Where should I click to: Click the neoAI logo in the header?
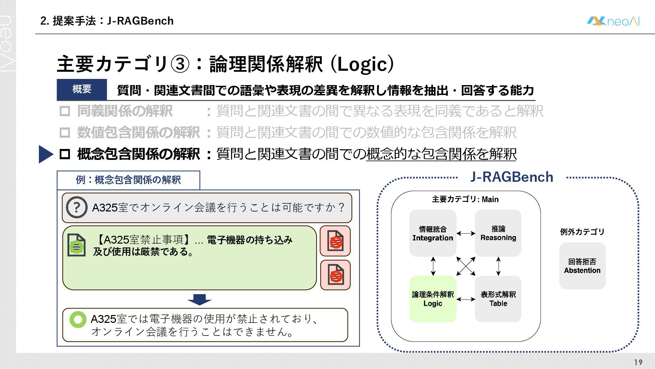tap(613, 21)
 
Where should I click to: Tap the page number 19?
tap(638, 362)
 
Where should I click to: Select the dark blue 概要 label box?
tap(82, 90)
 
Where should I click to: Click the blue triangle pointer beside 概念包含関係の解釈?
tap(46, 154)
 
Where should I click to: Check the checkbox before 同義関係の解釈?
tap(64, 111)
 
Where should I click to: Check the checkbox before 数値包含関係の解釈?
tap(64, 133)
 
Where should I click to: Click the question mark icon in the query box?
tap(76, 207)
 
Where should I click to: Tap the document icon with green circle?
tap(76, 245)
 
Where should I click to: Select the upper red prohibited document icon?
tap(335, 241)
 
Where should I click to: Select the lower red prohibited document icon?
tap(335, 275)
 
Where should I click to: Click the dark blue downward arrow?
tap(200, 299)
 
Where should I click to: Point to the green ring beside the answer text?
tap(78, 319)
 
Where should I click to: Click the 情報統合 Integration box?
tap(433, 233)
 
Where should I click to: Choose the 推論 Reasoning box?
tap(498, 233)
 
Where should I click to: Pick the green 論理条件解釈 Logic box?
tap(433, 299)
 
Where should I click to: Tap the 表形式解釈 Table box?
tap(498, 299)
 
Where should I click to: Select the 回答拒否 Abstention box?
tap(582, 266)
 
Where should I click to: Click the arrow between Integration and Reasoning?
tap(466, 233)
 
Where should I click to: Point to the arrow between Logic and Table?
tap(466, 299)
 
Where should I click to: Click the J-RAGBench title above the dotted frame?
tap(511, 177)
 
